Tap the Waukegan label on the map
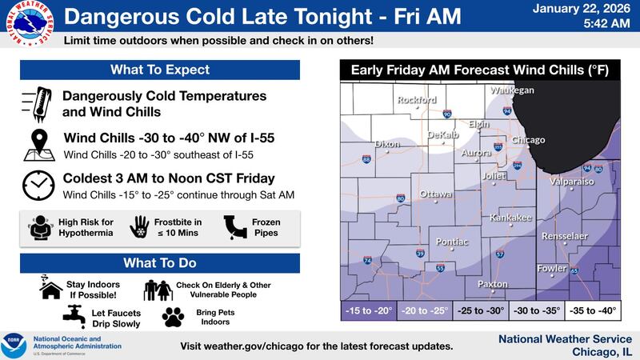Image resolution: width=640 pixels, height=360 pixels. [511, 90]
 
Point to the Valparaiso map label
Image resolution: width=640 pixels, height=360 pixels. [572, 182]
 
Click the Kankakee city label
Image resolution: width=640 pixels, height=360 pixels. [511, 217]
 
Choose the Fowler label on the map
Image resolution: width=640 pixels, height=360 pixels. [552, 268]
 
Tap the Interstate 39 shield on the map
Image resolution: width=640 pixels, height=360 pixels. [421, 254]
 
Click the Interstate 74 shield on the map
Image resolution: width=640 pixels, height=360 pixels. [367, 261]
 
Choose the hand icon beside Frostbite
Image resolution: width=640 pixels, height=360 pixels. [141, 226]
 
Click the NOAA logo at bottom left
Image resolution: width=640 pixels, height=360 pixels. [14, 345]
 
